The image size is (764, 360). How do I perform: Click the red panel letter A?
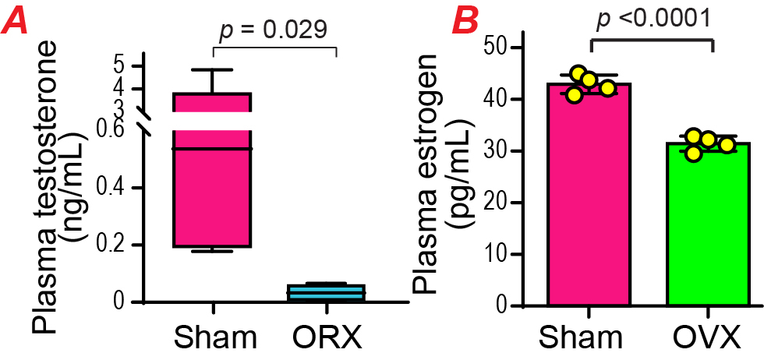click(17, 21)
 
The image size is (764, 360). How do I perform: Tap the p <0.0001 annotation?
click(653, 19)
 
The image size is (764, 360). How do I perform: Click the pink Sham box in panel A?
click(212, 195)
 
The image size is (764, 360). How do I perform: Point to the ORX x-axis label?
click(327, 339)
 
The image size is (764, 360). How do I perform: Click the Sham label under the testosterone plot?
click(215, 339)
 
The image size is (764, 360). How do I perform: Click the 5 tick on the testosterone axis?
click(118, 65)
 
